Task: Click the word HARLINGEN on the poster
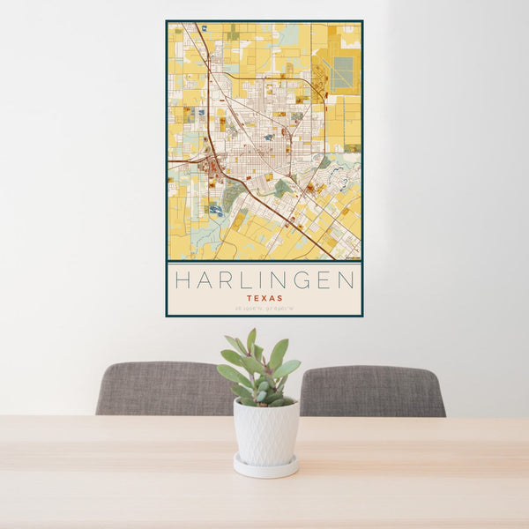coord(264,280)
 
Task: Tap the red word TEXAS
coord(264,298)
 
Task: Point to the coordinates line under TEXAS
coord(264,308)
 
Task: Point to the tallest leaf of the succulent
coord(251,339)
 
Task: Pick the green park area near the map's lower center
coord(282,187)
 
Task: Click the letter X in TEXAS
coord(264,298)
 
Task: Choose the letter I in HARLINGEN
coord(260,280)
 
